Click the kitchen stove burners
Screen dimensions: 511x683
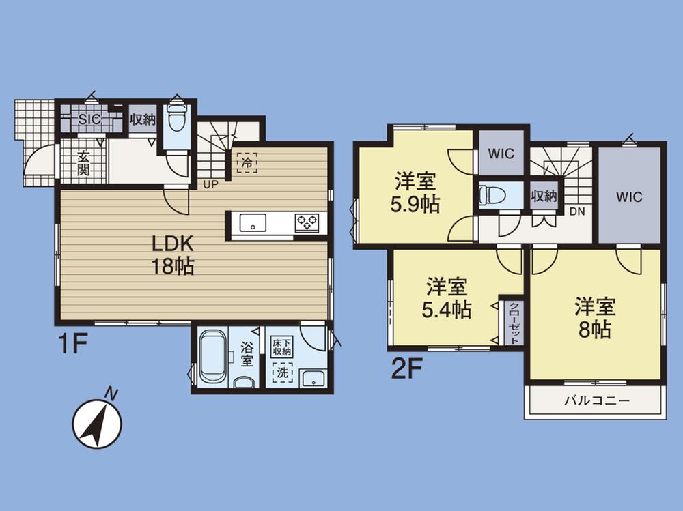(x=306, y=222)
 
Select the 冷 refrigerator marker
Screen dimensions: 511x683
(x=247, y=162)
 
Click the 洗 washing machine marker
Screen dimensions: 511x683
(x=281, y=373)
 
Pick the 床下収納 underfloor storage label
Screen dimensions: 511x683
(x=281, y=347)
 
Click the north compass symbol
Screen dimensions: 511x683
(x=97, y=423)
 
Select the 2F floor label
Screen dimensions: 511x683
(x=408, y=369)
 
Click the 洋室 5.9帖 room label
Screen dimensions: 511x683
(x=416, y=194)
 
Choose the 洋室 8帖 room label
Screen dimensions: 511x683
(x=595, y=317)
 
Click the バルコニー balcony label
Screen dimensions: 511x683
(x=595, y=400)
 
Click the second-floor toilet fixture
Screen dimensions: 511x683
(x=493, y=195)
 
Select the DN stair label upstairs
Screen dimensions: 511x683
(x=578, y=211)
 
